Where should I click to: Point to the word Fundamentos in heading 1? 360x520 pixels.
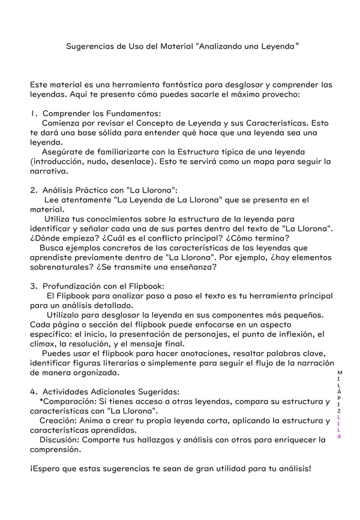tap(135, 113)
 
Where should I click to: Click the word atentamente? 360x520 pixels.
tap(77, 200)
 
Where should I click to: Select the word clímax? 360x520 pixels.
tap(44, 344)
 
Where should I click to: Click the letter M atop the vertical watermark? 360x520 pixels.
tap(340, 372)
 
